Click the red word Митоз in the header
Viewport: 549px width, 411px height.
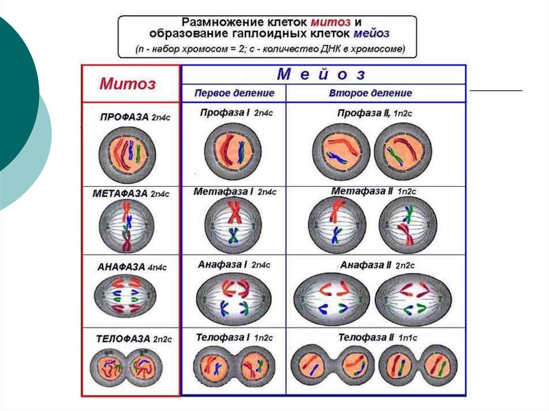coord(128,84)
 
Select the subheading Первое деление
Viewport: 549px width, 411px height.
coord(234,93)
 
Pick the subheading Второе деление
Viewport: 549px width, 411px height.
coord(370,93)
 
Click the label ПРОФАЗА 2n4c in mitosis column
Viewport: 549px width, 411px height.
coord(135,117)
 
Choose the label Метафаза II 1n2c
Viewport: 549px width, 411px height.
coord(374,191)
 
